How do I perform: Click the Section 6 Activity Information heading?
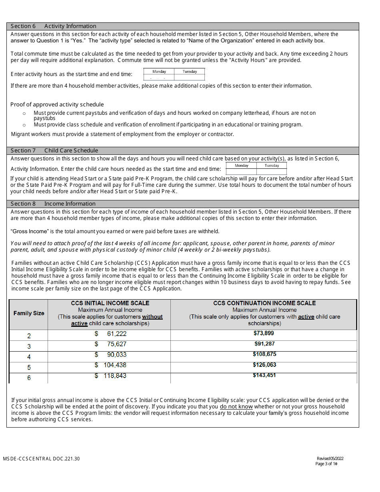[x=53, y=26]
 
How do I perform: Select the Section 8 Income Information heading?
[x=53, y=204]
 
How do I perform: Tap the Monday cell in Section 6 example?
[x=159, y=72]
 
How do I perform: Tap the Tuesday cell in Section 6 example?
[x=190, y=72]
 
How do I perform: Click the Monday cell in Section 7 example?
[x=241, y=166]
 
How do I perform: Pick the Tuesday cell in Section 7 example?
[x=272, y=166]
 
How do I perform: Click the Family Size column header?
[x=29, y=313]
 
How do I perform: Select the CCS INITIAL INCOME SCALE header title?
[x=110, y=303]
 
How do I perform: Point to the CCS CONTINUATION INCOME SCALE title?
[x=264, y=303]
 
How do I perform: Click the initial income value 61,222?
[x=116, y=334]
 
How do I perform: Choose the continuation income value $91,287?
[x=264, y=344]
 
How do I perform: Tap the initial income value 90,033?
[x=116, y=354]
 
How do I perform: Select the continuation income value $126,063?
[x=264, y=365]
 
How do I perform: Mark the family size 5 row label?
[x=29, y=367]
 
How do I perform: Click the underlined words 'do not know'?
[x=236, y=406]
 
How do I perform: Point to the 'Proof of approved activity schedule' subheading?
[x=57, y=104]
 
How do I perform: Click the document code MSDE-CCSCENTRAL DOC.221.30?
[x=41, y=459]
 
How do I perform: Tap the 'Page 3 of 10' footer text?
[x=326, y=464]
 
